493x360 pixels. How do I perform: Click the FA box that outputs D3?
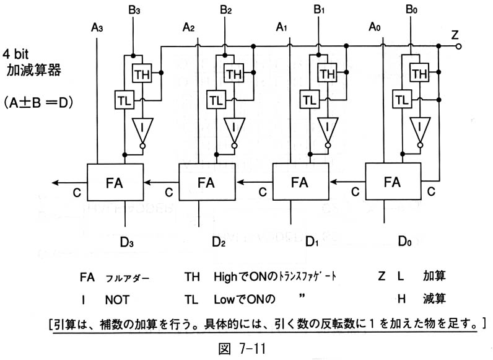115,182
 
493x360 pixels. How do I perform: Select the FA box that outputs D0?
393,182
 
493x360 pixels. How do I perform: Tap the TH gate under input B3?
142,74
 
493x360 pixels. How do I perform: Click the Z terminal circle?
458,46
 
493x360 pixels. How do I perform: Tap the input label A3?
97,28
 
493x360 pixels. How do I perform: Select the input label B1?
319,10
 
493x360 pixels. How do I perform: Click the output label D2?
219,242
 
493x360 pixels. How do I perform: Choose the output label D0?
404,241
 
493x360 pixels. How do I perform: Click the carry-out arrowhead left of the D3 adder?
55,183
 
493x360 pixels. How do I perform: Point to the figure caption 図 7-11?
242,348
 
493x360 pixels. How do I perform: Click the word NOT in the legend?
117,300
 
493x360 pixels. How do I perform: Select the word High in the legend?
225,277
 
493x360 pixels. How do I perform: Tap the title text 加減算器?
34,70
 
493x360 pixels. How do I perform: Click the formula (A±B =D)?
38,103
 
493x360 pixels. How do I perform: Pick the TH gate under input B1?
327,73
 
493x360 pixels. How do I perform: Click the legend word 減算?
434,298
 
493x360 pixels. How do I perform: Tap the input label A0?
375,27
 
